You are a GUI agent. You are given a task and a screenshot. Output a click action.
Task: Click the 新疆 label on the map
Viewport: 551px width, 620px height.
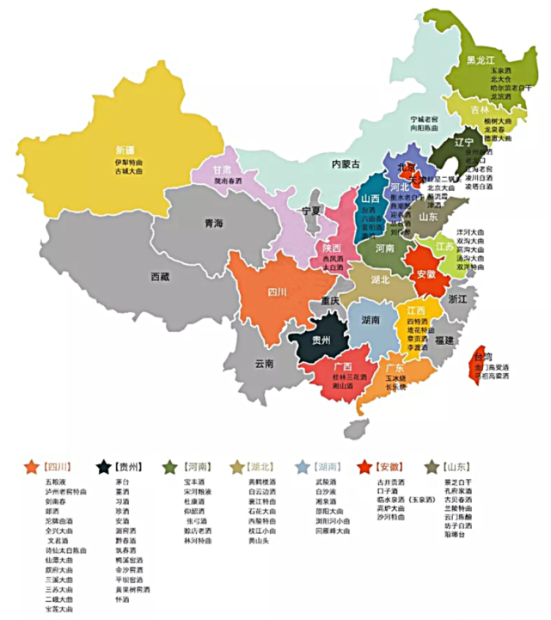click(126, 149)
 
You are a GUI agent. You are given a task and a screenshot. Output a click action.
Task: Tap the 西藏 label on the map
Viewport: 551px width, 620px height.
click(160, 277)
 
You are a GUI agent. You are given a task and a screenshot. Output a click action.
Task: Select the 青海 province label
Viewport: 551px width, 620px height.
click(213, 224)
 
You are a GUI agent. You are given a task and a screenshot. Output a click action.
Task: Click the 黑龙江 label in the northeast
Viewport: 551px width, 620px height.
click(482, 60)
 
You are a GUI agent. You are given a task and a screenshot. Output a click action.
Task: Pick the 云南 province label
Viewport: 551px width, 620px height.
click(263, 364)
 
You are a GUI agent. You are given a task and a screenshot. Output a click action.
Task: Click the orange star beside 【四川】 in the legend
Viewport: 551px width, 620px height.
click(32, 466)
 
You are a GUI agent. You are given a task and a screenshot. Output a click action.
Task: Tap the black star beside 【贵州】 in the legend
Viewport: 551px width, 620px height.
click(103, 466)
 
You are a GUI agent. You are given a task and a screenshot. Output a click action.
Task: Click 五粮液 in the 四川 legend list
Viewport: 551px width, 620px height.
click(54, 482)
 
